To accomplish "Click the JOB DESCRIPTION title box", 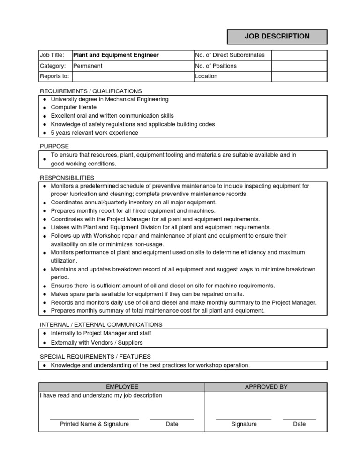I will pos(277,37).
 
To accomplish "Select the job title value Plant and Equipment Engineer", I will pos(116,55).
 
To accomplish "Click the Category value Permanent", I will pos(88,66).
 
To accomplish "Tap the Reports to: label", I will pos(54,76).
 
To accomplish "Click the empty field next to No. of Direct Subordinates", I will pos(299,55).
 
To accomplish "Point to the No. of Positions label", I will pos(216,66).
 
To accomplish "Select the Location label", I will pos(206,76).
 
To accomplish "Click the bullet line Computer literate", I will pos(74,107).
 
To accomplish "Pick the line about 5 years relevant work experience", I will pos(94,133).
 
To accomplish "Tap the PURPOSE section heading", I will pos(54,146).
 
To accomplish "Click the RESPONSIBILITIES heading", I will pos(67,178).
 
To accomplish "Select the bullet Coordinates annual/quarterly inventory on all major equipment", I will pos(133,203).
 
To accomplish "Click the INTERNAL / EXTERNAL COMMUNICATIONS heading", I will pos(101,324).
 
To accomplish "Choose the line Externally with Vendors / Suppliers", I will pos(97,343).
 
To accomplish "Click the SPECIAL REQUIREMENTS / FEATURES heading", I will pos(95,357).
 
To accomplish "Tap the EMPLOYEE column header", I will pos(122,387).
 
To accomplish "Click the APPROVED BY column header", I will pos(266,387).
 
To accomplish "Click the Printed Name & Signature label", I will pos(94,424).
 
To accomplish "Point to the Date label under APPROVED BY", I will pos(299,424).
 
